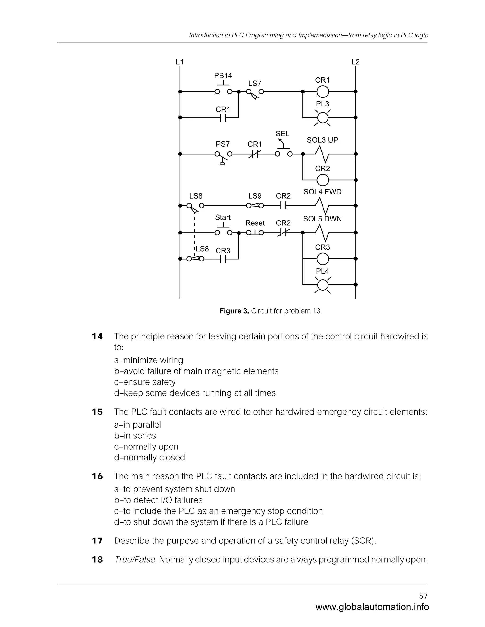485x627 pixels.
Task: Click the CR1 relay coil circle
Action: [322, 92]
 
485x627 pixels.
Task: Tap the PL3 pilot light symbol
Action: [322, 118]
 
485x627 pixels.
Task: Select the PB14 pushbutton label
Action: [223, 76]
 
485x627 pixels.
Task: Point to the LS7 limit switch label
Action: [255, 84]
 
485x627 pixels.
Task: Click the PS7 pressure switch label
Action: [223, 144]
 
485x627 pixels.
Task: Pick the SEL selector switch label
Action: [283, 134]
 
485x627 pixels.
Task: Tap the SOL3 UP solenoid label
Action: [322, 140]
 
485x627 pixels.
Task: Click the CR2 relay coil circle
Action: [322, 180]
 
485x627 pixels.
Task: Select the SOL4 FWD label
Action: [322, 192]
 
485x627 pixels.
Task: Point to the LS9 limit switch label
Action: [255, 196]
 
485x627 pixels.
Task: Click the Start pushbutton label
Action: [223, 218]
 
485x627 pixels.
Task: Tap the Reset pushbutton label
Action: [255, 223]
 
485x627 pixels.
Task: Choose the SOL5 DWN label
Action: [322, 219]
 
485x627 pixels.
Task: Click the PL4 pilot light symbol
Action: [322, 285]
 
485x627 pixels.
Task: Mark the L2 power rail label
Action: [355, 62]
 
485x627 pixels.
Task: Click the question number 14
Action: [97, 336]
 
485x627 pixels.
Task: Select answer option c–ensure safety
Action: [144, 382]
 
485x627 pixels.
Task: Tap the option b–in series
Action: [135, 436]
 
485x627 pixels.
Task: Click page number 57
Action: [423, 596]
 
